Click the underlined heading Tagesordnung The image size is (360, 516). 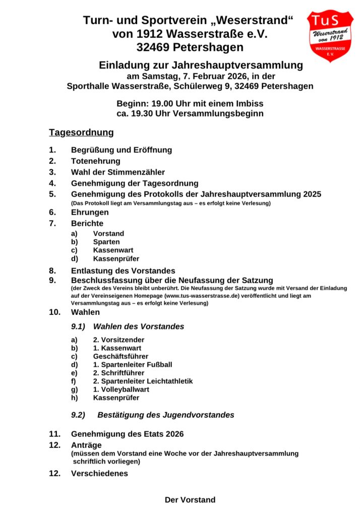pos(81,133)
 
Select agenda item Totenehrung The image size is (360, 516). pos(96,161)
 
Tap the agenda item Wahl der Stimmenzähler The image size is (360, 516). pos(118,172)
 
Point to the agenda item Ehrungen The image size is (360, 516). pos(90,213)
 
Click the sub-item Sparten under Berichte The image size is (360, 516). pos(106,242)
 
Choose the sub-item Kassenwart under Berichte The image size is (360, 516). pos(113,250)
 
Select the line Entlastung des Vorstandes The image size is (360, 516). pos(123,271)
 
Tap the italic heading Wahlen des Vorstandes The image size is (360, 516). pos(139,327)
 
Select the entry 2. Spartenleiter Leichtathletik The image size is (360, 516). pos(143,381)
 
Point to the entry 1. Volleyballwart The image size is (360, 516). pos(121,390)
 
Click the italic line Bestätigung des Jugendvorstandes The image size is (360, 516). pos(165,415)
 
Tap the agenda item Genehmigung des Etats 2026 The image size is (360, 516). pos(127,434)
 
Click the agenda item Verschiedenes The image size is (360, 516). pos(99,474)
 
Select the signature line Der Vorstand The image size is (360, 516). pos(190,500)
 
